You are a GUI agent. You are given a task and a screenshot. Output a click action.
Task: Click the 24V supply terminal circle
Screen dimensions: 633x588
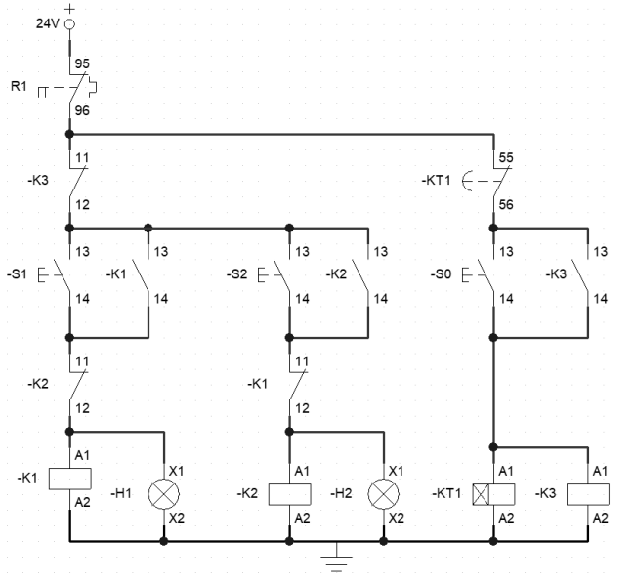point(69,24)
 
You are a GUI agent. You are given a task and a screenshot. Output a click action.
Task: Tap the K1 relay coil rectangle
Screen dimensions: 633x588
point(69,479)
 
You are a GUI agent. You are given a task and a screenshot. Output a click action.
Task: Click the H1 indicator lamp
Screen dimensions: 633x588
point(164,494)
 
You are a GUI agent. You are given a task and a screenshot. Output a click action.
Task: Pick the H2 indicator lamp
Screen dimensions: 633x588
point(384,494)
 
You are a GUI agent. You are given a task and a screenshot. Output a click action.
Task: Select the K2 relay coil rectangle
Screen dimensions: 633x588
point(290,494)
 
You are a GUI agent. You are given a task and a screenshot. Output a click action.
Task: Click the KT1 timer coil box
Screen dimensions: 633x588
point(493,494)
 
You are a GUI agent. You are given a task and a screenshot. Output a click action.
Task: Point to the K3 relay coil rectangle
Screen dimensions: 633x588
point(588,494)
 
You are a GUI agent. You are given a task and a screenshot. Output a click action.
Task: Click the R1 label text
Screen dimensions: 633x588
point(19,86)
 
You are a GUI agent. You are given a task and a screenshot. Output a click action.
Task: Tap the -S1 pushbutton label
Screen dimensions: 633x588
point(17,274)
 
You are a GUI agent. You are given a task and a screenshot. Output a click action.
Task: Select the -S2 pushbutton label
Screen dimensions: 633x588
point(236,274)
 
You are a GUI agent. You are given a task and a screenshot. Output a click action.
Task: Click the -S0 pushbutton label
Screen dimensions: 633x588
point(441,274)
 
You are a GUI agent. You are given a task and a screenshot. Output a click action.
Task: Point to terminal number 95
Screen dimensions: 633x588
point(82,63)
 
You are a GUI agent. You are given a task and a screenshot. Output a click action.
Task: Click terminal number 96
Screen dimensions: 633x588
point(82,110)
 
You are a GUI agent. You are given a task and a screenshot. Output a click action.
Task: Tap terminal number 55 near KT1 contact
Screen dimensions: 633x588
point(506,157)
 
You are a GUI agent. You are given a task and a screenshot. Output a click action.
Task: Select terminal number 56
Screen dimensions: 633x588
point(506,204)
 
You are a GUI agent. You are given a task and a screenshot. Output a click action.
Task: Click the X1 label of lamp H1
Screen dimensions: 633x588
point(177,471)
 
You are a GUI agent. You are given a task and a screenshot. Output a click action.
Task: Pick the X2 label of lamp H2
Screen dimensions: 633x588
point(396,518)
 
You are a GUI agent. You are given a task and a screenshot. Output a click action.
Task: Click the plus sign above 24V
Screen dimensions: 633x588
point(69,9)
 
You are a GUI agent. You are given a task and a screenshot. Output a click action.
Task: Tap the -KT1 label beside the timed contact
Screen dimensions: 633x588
point(436,180)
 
